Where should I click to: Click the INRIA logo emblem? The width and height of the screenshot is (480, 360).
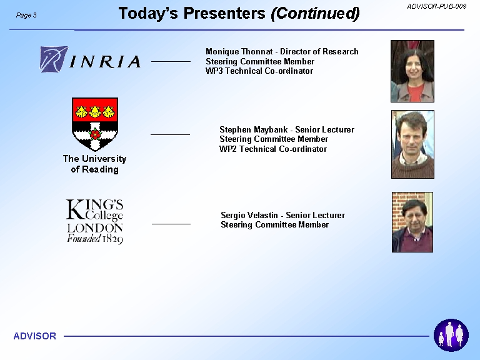(54, 59)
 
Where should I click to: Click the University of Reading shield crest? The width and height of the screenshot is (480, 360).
(95, 124)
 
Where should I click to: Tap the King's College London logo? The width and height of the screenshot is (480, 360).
(94, 221)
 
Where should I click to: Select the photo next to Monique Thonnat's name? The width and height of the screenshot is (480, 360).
(412, 71)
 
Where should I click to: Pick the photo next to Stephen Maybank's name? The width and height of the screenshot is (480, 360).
(412, 144)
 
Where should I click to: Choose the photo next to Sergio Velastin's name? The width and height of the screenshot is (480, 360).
(412, 222)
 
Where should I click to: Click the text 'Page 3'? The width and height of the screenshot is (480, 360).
(26, 15)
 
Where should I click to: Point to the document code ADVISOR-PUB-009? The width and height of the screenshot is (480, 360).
(436, 6)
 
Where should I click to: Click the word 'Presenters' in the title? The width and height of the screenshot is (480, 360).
(224, 14)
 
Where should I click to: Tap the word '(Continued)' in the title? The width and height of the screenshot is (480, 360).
(315, 14)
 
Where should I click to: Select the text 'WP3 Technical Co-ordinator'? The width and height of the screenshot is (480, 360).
(259, 71)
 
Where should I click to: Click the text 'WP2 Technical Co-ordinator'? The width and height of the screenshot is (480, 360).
(273, 149)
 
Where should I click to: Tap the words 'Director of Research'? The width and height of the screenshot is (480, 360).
(319, 51)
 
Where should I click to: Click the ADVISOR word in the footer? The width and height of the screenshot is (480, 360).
(35, 336)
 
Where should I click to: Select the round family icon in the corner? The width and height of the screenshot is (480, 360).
(451, 335)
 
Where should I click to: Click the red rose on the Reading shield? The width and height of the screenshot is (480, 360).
(95, 134)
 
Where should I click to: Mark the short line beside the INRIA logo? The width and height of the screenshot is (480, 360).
(171, 61)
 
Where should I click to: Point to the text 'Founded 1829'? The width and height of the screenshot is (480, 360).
(95, 239)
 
